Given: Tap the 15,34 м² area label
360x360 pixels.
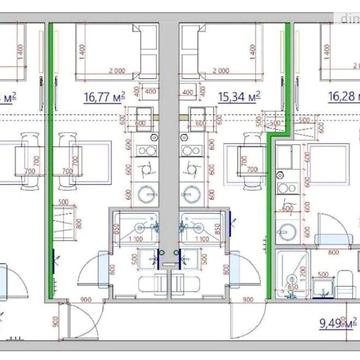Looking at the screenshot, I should pyautogui.click(x=239, y=98).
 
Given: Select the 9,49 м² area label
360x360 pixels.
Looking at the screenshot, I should pyautogui.click(x=336, y=322).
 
